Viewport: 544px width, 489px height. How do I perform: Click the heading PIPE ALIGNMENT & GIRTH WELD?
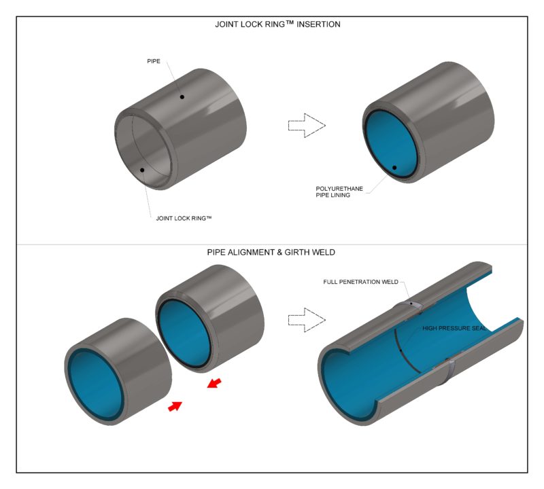[x=272, y=253]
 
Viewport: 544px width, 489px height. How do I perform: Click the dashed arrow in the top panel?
[x=307, y=125]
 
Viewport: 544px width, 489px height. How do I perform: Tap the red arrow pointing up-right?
[x=175, y=406]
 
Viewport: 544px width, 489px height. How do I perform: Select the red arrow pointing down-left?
[x=214, y=384]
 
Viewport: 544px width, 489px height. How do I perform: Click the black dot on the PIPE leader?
[x=182, y=97]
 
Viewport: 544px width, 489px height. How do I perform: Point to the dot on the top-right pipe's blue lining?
[x=394, y=167]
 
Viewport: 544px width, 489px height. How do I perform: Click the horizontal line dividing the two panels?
[x=272, y=244]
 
